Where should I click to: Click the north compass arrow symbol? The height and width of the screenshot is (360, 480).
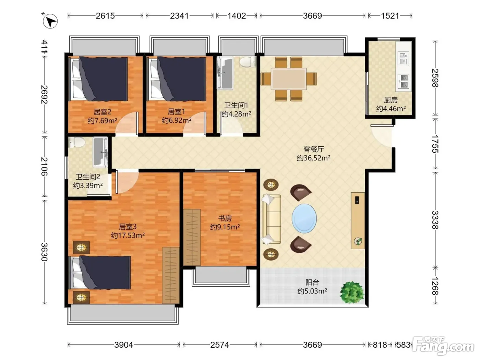(50, 21)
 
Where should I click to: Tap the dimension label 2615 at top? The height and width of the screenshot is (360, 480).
(105, 16)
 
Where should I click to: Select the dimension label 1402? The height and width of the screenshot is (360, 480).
(237, 16)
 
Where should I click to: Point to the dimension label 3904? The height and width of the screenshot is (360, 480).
(123, 345)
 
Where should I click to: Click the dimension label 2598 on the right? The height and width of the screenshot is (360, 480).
(435, 78)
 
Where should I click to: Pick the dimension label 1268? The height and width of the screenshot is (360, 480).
(435, 286)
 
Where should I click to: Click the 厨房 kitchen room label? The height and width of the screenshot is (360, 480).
(391, 100)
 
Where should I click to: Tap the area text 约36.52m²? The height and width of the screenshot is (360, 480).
(313, 158)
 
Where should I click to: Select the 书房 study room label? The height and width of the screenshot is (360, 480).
(225, 218)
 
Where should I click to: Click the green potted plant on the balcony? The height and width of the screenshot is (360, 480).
(352, 292)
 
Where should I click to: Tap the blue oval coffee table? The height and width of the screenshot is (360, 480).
(304, 219)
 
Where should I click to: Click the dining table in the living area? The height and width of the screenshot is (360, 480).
(289, 79)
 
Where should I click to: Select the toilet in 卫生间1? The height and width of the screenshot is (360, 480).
(248, 62)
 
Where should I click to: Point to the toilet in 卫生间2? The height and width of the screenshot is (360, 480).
(76, 143)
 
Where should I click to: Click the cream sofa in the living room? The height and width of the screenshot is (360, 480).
(272, 219)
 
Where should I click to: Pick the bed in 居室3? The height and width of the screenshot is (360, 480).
(99, 273)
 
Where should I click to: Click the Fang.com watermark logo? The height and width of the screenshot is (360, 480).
(444, 346)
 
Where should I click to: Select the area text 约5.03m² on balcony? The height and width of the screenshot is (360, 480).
(312, 291)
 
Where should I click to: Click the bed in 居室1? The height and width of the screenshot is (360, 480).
(177, 79)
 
